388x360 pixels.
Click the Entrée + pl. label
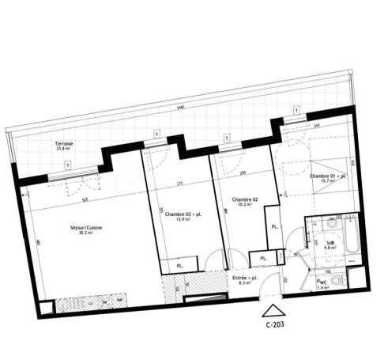click(245, 279)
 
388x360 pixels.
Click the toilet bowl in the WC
click(337, 282)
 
